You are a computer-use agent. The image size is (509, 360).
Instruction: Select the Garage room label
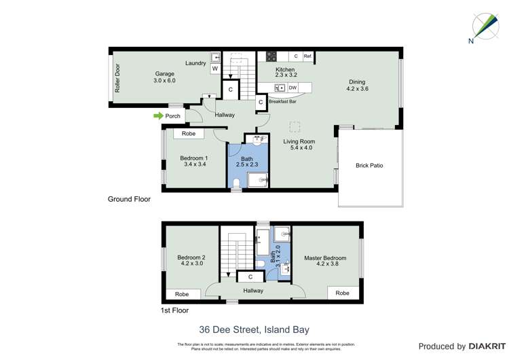tap(164, 74)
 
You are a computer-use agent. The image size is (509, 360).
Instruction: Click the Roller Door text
tap(117, 78)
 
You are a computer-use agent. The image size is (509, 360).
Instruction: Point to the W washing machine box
tap(214, 69)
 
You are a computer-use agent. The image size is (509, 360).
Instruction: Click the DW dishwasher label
tap(293, 88)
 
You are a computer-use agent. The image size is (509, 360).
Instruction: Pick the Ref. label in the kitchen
tap(307, 56)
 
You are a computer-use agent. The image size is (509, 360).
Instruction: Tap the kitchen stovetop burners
tap(271, 56)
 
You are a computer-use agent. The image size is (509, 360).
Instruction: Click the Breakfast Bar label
tap(282, 102)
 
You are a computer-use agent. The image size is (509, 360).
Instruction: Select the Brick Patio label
tap(369, 166)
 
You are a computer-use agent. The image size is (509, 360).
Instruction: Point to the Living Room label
tap(299, 142)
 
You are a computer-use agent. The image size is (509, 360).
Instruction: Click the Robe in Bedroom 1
tap(189, 134)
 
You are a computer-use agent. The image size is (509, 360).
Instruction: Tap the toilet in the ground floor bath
tap(235, 183)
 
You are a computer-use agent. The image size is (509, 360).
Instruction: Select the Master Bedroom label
tap(325, 258)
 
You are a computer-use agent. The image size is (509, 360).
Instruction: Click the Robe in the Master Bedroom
tap(342, 293)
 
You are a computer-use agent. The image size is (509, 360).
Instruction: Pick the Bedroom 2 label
tap(191, 258)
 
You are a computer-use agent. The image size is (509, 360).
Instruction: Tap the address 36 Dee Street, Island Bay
tap(254, 330)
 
